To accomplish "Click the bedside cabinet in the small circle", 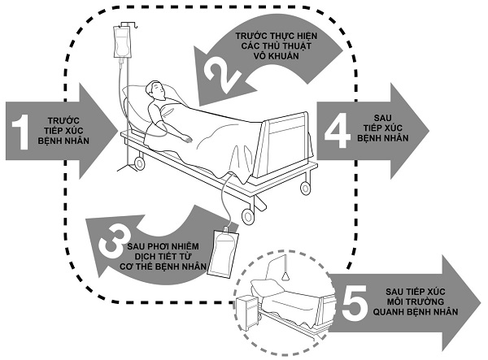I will (x=247, y=311).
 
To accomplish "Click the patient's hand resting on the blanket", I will (x=189, y=138).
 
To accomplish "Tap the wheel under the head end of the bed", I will (x=139, y=164).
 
